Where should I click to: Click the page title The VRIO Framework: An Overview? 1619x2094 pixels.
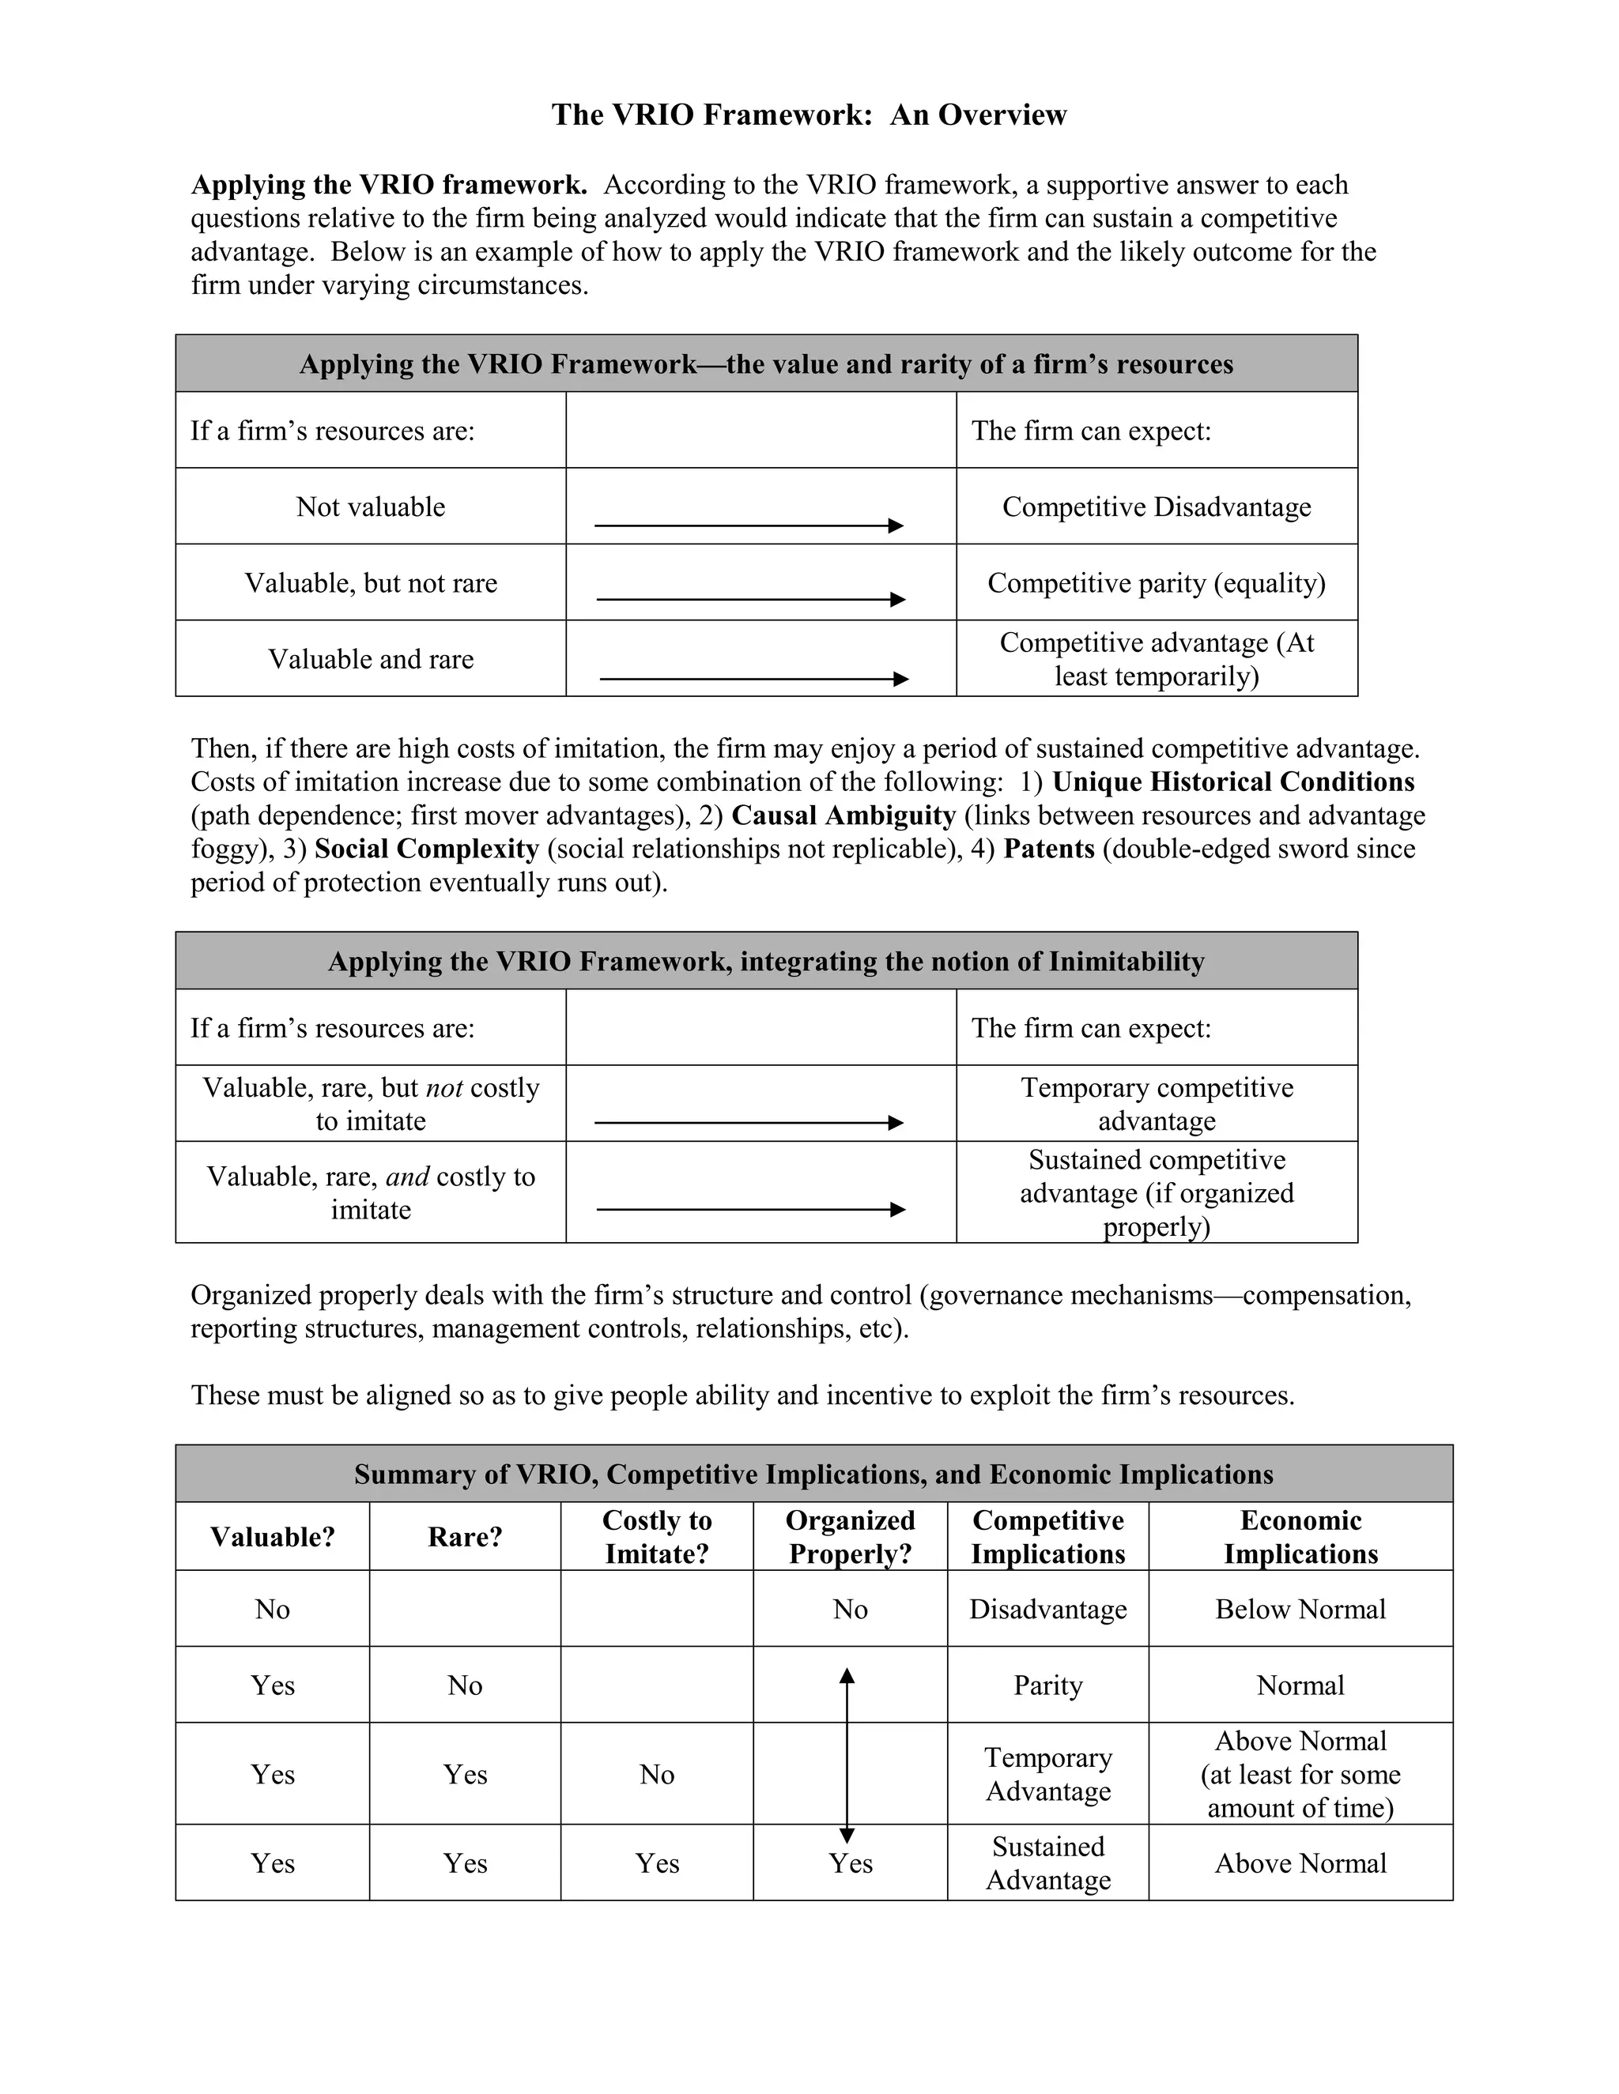tap(809, 115)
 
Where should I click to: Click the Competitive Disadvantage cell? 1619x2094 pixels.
tap(1156, 507)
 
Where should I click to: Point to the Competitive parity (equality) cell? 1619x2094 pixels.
tap(1156, 583)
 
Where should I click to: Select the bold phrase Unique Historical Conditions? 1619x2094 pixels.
tap(1232, 781)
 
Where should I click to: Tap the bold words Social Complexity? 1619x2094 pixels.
tap(426, 849)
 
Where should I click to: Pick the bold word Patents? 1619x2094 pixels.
tap(1048, 849)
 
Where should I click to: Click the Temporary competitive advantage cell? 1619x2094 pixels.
tap(1156, 1104)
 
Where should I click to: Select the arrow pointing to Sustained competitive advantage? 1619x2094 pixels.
tap(751, 1210)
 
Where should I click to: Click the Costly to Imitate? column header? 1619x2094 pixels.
tap(657, 1536)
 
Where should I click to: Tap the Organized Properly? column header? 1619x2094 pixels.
tap(850, 1536)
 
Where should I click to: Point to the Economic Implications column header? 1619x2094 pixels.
tap(1300, 1536)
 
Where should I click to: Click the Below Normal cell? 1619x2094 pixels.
tap(1300, 1609)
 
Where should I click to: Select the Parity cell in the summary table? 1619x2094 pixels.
tap(1047, 1685)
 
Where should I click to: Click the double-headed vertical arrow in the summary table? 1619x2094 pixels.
tap(847, 1754)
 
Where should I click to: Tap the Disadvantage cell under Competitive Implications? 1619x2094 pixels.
tap(1047, 1609)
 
